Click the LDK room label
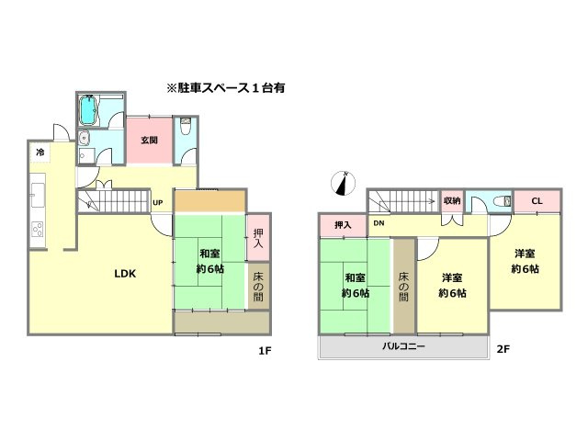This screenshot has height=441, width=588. [125, 272]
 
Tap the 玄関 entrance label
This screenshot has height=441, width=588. [149, 141]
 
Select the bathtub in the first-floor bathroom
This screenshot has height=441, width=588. [89, 112]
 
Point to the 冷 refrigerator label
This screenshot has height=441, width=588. [40, 152]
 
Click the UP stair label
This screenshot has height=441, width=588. [157, 203]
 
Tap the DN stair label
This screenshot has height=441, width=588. [378, 223]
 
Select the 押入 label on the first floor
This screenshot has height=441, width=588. [258, 240]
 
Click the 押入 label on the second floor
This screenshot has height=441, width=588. [342, 225]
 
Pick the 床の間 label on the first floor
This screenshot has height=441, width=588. [258, 288]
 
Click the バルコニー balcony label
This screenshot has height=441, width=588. [403, 346]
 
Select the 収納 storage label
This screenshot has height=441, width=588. [451, 201]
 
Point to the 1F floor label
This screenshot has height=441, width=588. [265, 350]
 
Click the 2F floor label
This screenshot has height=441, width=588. [503, 350]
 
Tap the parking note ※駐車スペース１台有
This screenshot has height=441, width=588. [225, 89]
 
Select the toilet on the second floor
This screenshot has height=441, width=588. [501, 201]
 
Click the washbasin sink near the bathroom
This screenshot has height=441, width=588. [85, 140]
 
